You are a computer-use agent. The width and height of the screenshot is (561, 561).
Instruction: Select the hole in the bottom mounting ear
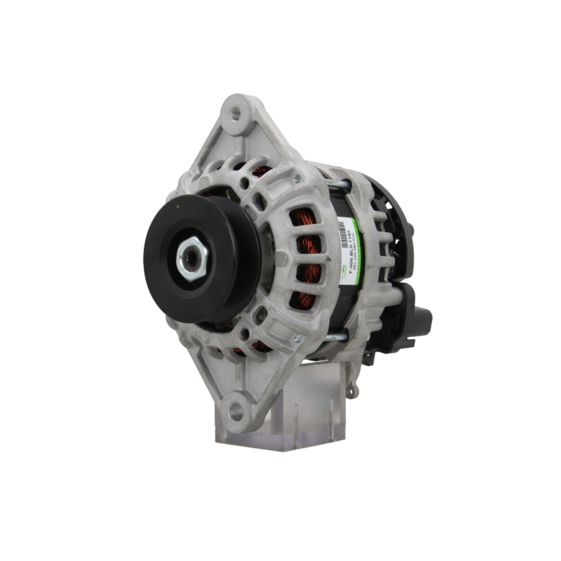[236, 413]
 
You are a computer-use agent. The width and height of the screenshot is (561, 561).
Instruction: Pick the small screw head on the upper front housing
[297, 178]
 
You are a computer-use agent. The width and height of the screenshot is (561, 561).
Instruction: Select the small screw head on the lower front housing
[297, 338]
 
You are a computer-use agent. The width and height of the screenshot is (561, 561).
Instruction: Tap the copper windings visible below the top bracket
[260, 171]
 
